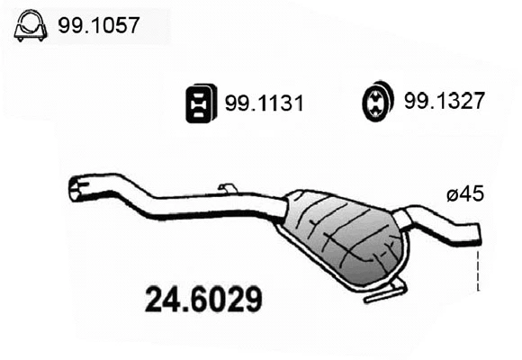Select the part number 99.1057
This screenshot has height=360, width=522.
pos(99,26)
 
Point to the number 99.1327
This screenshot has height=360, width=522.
pos(445,103)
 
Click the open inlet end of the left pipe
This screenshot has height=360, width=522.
pos(76,189)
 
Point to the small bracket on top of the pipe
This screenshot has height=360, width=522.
pos(228,188)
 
